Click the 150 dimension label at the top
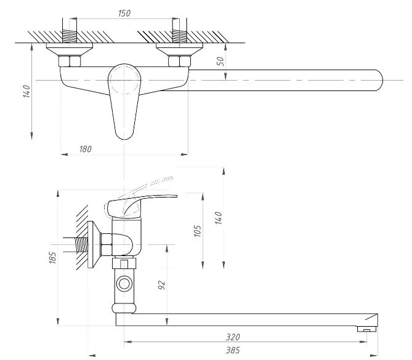tap(124, 13)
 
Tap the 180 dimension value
tap(86, 149)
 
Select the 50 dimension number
tap(220, 62)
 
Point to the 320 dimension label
tap(233, 337)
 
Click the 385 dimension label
tap(233, 350)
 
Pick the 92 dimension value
tap(161, 285)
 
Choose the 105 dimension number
tap(198, 231)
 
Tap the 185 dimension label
tap(52, 258)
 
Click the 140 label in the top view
tap(27, 91)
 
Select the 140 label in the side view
tap(219, 218)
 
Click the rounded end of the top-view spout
tap(380, 80)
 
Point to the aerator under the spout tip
tap(366, 329)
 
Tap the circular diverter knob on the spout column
tap(124, 284)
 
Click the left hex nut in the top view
tap(70, 61)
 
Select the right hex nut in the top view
tap(179, 61)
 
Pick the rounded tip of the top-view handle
tap(124, 135)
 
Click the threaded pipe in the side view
tap(81, 245)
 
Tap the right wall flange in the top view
tap(179, 49)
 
